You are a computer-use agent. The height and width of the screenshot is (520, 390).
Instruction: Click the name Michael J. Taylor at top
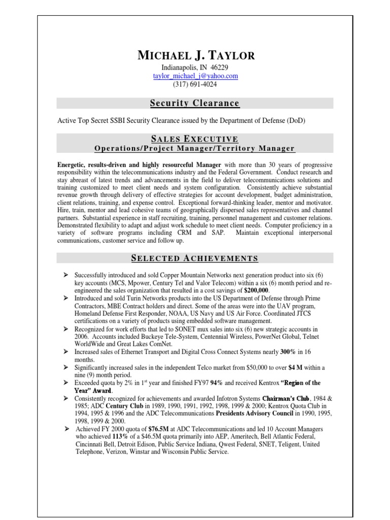[196, 55]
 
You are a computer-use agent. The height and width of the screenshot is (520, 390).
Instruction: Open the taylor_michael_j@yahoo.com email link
[196, 76]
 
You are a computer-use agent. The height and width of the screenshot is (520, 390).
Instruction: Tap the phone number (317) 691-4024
[196, 84]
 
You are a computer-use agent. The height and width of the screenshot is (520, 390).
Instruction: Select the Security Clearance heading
[194, 104]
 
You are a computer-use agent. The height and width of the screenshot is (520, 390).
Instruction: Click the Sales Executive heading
[194, 139]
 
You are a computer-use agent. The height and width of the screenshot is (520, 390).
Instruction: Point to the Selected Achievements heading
[194, 258]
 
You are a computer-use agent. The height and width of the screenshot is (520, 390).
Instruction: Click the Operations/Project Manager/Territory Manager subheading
[194, 148]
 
